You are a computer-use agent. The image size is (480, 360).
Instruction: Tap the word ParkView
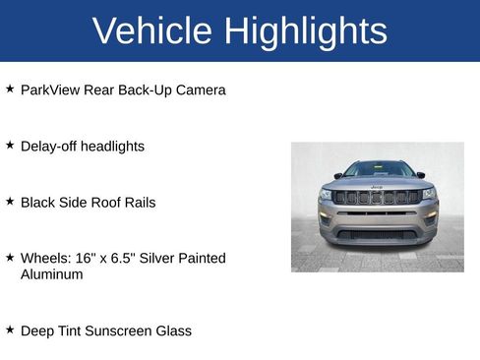coord(50,90)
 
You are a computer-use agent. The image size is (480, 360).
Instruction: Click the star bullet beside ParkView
coord(10,89)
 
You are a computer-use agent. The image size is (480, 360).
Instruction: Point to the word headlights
coord(112,147)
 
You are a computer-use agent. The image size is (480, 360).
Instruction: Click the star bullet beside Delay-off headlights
coord(10,145)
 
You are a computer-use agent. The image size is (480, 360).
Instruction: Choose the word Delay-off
coord(47,147)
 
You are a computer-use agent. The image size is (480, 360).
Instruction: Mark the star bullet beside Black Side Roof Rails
coord(10,201)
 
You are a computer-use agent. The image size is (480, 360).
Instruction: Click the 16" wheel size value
coord(85,259)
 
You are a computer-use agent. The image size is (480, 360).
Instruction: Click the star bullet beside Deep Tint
coord(10,329)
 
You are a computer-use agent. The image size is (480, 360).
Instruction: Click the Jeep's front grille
coord(377,197)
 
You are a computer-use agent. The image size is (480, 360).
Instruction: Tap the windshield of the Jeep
coord(378,169)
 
